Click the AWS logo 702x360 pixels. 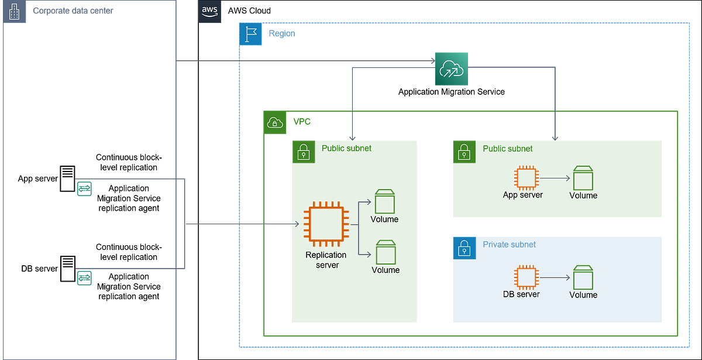210,12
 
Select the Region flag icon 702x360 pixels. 252,35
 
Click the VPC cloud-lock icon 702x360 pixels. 274,123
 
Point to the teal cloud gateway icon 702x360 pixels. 452,68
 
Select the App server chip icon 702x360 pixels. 525,177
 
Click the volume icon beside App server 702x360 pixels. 583,177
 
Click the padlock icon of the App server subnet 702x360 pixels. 463,152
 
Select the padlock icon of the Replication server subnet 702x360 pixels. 303,152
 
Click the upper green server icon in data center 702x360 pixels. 85,188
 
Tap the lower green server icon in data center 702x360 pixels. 85,277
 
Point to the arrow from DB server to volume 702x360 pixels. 554,276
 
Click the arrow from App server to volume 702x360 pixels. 554,177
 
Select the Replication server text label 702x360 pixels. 326,259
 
